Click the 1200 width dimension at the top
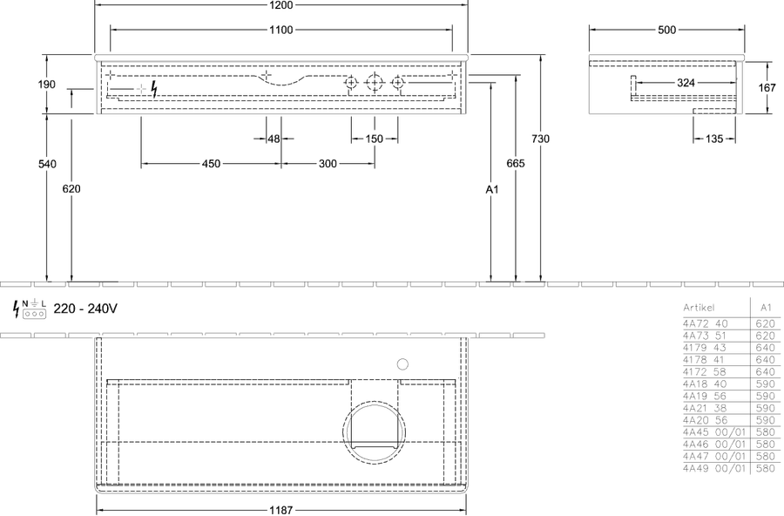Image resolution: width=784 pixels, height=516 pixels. (x=281, y=5)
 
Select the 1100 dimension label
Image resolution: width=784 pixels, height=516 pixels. (x=281, y=30)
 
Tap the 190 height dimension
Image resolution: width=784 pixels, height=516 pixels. (x=46, y=84)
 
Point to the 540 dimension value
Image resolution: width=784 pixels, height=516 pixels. (x=47, y=164)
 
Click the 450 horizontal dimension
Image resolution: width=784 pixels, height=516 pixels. (x=211, y=164)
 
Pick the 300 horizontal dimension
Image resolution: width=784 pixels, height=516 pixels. (x=328, y=164)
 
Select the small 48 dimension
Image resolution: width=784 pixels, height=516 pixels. (x=274, y=139)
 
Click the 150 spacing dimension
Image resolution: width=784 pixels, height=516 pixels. (x=374, y=139)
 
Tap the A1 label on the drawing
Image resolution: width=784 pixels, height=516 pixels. (x=492, y=189)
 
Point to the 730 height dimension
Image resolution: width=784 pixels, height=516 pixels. (x=540, y=139)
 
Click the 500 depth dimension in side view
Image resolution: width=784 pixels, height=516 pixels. (x=666, y=30)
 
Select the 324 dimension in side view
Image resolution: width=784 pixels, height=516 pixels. (x=686, y=83)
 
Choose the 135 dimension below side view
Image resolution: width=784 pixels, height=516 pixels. (x=714, y=139)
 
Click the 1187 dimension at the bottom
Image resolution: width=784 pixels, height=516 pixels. (x=281, y=510)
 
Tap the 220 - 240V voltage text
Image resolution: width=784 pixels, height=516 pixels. (x=85, y=309)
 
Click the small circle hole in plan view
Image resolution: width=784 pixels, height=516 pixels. (x=402, y=364)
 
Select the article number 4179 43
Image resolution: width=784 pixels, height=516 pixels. (x=705, y=348)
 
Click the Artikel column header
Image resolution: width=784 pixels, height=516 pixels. (x=699, y=308)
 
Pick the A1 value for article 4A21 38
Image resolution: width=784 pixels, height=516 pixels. (x=766, y=408)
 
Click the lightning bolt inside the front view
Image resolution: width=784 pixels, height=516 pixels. (x=154, y=89)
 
